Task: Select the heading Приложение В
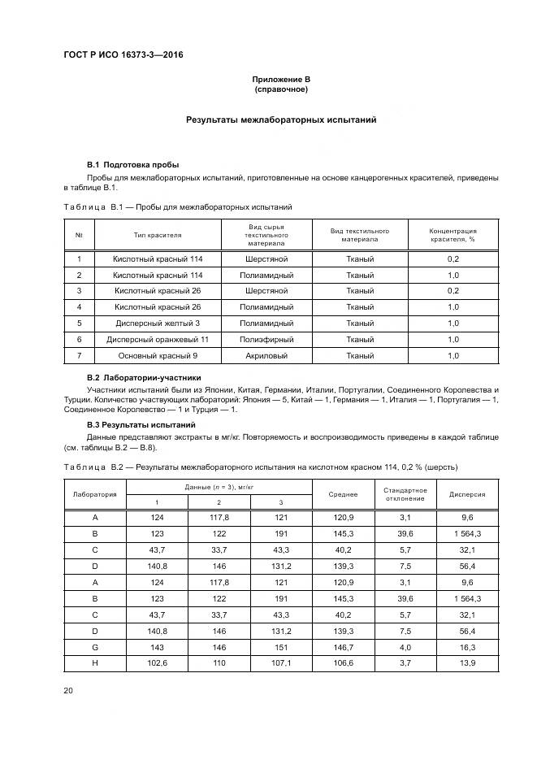[x=281, y=79]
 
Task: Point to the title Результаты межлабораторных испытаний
[x=281, y=119]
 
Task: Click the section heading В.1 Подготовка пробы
[x=132, y=164]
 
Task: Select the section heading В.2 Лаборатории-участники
[x=144, y=378]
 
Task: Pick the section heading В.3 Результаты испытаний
[x=136, y=424]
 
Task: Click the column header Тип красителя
[x=158, y=235]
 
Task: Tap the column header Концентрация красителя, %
[x=453, y=235]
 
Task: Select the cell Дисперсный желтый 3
[x=158, y=323]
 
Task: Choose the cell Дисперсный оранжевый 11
[x=158, y=339]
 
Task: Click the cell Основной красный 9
[x=158, y=355]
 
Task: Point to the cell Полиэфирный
[x=266, y=339]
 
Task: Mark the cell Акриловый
[x=266, y=355]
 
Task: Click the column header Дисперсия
[x=467, y=494]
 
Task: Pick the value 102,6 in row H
[x=158, y=663]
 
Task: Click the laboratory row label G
[x=95, y=647]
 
